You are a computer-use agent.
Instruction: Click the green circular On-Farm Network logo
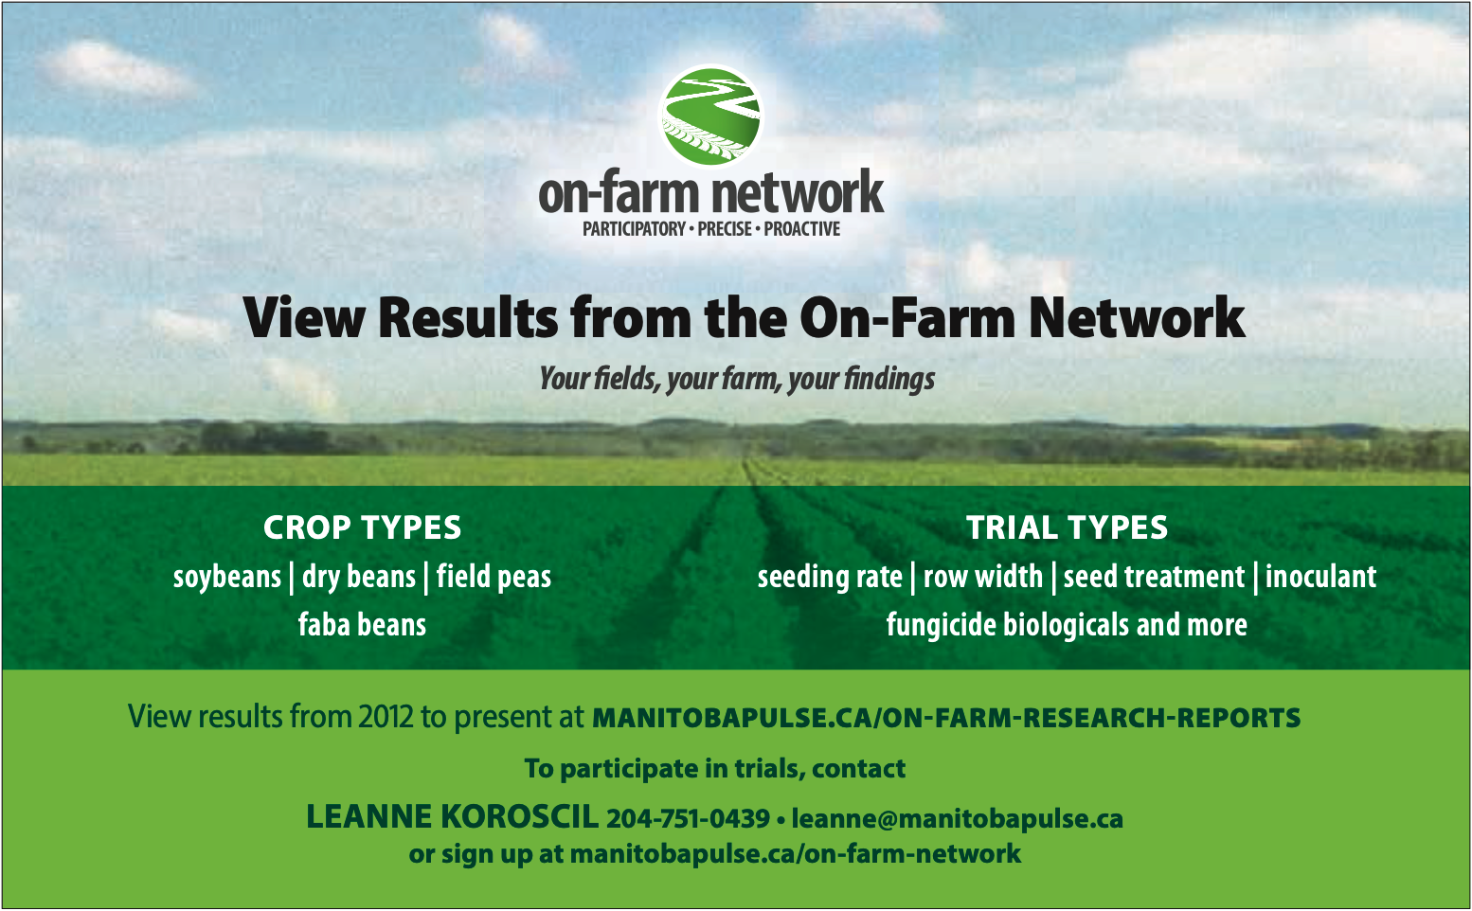click(710, 116)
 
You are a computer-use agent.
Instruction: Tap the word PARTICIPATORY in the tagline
click(634, 229)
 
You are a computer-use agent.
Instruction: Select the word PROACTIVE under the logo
click(801, 229)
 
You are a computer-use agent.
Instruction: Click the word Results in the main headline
click(468, 317)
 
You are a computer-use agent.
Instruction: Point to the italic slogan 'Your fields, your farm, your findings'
click(737, 379)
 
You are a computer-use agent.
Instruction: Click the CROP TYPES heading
click(362, 527)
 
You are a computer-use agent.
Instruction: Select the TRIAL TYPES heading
click(1067, 527)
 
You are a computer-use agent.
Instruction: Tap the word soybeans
click(227, 578)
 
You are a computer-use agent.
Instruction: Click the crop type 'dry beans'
click(359, 578)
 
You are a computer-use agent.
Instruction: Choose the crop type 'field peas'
click(494, 578)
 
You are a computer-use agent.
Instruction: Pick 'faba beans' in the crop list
click(362, 625)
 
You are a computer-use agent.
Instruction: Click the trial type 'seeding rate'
click(830, 578)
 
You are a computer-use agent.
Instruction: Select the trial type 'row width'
click(983, 577)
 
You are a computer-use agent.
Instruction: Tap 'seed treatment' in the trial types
click(1154, 577)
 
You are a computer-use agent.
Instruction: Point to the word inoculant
click(1320, 577)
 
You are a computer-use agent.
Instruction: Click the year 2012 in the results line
click(386, 717)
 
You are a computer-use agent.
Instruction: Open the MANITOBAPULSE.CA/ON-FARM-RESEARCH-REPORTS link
click(946, 718)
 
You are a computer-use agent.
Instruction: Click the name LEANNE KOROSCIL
click(452, 817)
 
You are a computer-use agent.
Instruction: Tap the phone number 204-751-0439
click(688, 819)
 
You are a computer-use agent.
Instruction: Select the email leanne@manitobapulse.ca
click(958, 819)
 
